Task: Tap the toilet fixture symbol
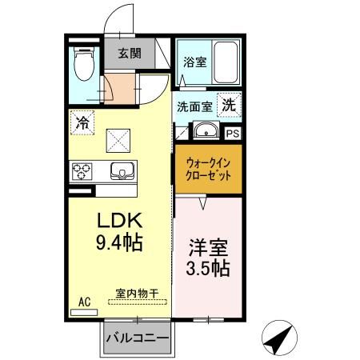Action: pos(82,64)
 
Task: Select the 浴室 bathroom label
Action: pos(194,60)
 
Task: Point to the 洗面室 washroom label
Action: pos(194,106)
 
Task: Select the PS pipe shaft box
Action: pos(234,134)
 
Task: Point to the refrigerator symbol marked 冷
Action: pos(82,122)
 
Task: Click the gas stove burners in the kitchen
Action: pos(82,170)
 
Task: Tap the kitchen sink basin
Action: pos(122,170)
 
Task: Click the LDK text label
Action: pos(119,220)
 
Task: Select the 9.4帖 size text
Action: pos(121,241)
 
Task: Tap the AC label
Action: pos(84,302)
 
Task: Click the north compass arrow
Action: pos(278,341)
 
